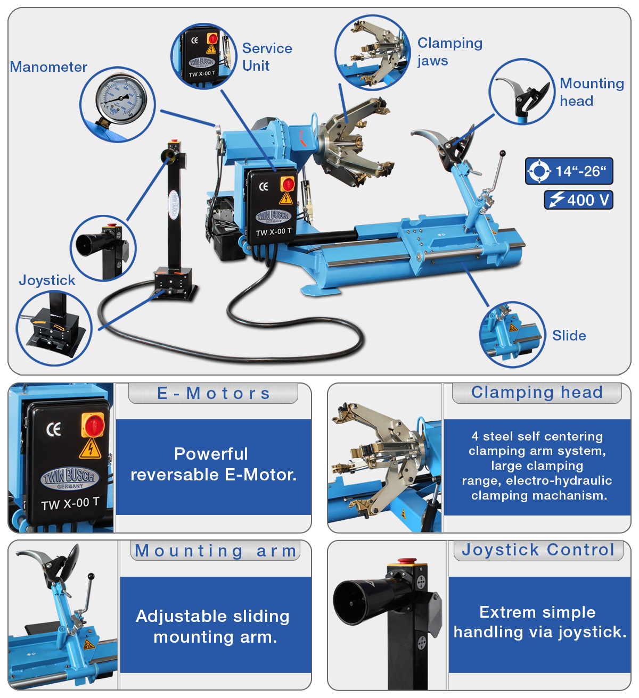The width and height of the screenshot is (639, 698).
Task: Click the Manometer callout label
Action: (x=48, y=67)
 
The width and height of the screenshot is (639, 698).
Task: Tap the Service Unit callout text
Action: (x=267, y=57)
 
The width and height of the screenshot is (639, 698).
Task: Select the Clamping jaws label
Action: (x=450, y=52)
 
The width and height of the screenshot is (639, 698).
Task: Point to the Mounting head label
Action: (x=592, y=92)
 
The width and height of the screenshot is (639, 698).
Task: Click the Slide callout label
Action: (x=569, y=335)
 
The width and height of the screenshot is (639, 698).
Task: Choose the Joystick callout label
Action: (x=47, y=280)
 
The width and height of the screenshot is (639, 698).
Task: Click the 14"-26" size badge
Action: (x=569, y=171)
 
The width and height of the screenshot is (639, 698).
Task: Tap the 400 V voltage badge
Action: (x=578, y=200)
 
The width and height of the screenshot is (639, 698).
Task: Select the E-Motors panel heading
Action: (x=213, y=394)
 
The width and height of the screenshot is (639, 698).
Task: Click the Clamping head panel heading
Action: (x=537, y=393)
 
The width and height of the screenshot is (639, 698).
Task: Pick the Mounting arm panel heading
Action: (x=215, y=551)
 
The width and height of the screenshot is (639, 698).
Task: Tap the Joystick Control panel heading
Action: (x=538, y=550)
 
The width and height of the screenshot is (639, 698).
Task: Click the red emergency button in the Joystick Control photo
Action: (x=407, y=560)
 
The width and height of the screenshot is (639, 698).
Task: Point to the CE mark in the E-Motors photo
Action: (x=54, y=429)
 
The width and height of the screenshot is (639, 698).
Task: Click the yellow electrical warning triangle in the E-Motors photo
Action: (x=90, y=449)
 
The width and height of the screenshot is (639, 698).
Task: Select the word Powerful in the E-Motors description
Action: (x=211, y=454)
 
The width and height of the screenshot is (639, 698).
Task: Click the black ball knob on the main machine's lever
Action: (x=503, y=153)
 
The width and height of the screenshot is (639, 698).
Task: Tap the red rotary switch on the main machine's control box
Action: (x=288, y=184)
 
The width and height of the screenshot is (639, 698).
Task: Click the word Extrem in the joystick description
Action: (x=507, y=612)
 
